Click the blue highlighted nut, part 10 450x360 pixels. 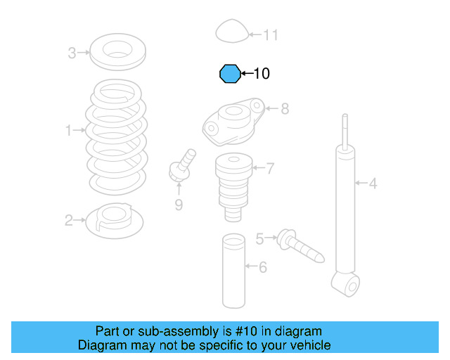(x=229, y=73)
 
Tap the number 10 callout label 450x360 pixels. (x=261, y=73)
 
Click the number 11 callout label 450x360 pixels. (x=271, y=34)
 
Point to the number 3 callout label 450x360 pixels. (x=72, y=52)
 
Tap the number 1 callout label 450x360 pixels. (x=69, y=130)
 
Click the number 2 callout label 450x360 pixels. (x=69, y=221)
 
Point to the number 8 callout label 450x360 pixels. (x=284, y=109)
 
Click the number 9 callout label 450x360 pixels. (x=179, y=205)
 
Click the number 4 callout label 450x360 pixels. (x=373, y=184)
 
